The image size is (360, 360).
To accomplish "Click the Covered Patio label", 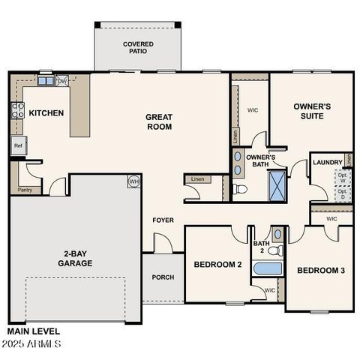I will point(138,48).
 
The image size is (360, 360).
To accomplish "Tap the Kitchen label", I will point(46,113).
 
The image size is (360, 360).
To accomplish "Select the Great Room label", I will point(159,121).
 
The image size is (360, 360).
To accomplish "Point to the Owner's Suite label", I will point(307,112).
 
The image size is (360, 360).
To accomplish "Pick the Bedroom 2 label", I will point(217,265).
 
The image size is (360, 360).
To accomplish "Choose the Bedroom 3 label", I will point(321,270).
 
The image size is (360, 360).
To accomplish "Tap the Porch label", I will point(163,277).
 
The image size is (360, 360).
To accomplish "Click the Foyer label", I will point(163,220).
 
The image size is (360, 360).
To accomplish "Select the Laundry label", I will point(327,162).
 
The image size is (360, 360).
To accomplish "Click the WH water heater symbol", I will point(133,181).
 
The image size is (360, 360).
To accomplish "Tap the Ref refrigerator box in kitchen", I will point(19,145).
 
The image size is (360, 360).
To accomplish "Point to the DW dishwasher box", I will point(62,81).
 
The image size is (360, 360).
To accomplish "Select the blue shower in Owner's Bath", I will point(277,184).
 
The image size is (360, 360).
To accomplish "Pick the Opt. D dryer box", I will point(342,193).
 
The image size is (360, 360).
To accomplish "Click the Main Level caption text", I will point(34,331).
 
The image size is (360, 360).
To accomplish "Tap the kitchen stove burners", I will point(16,111).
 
